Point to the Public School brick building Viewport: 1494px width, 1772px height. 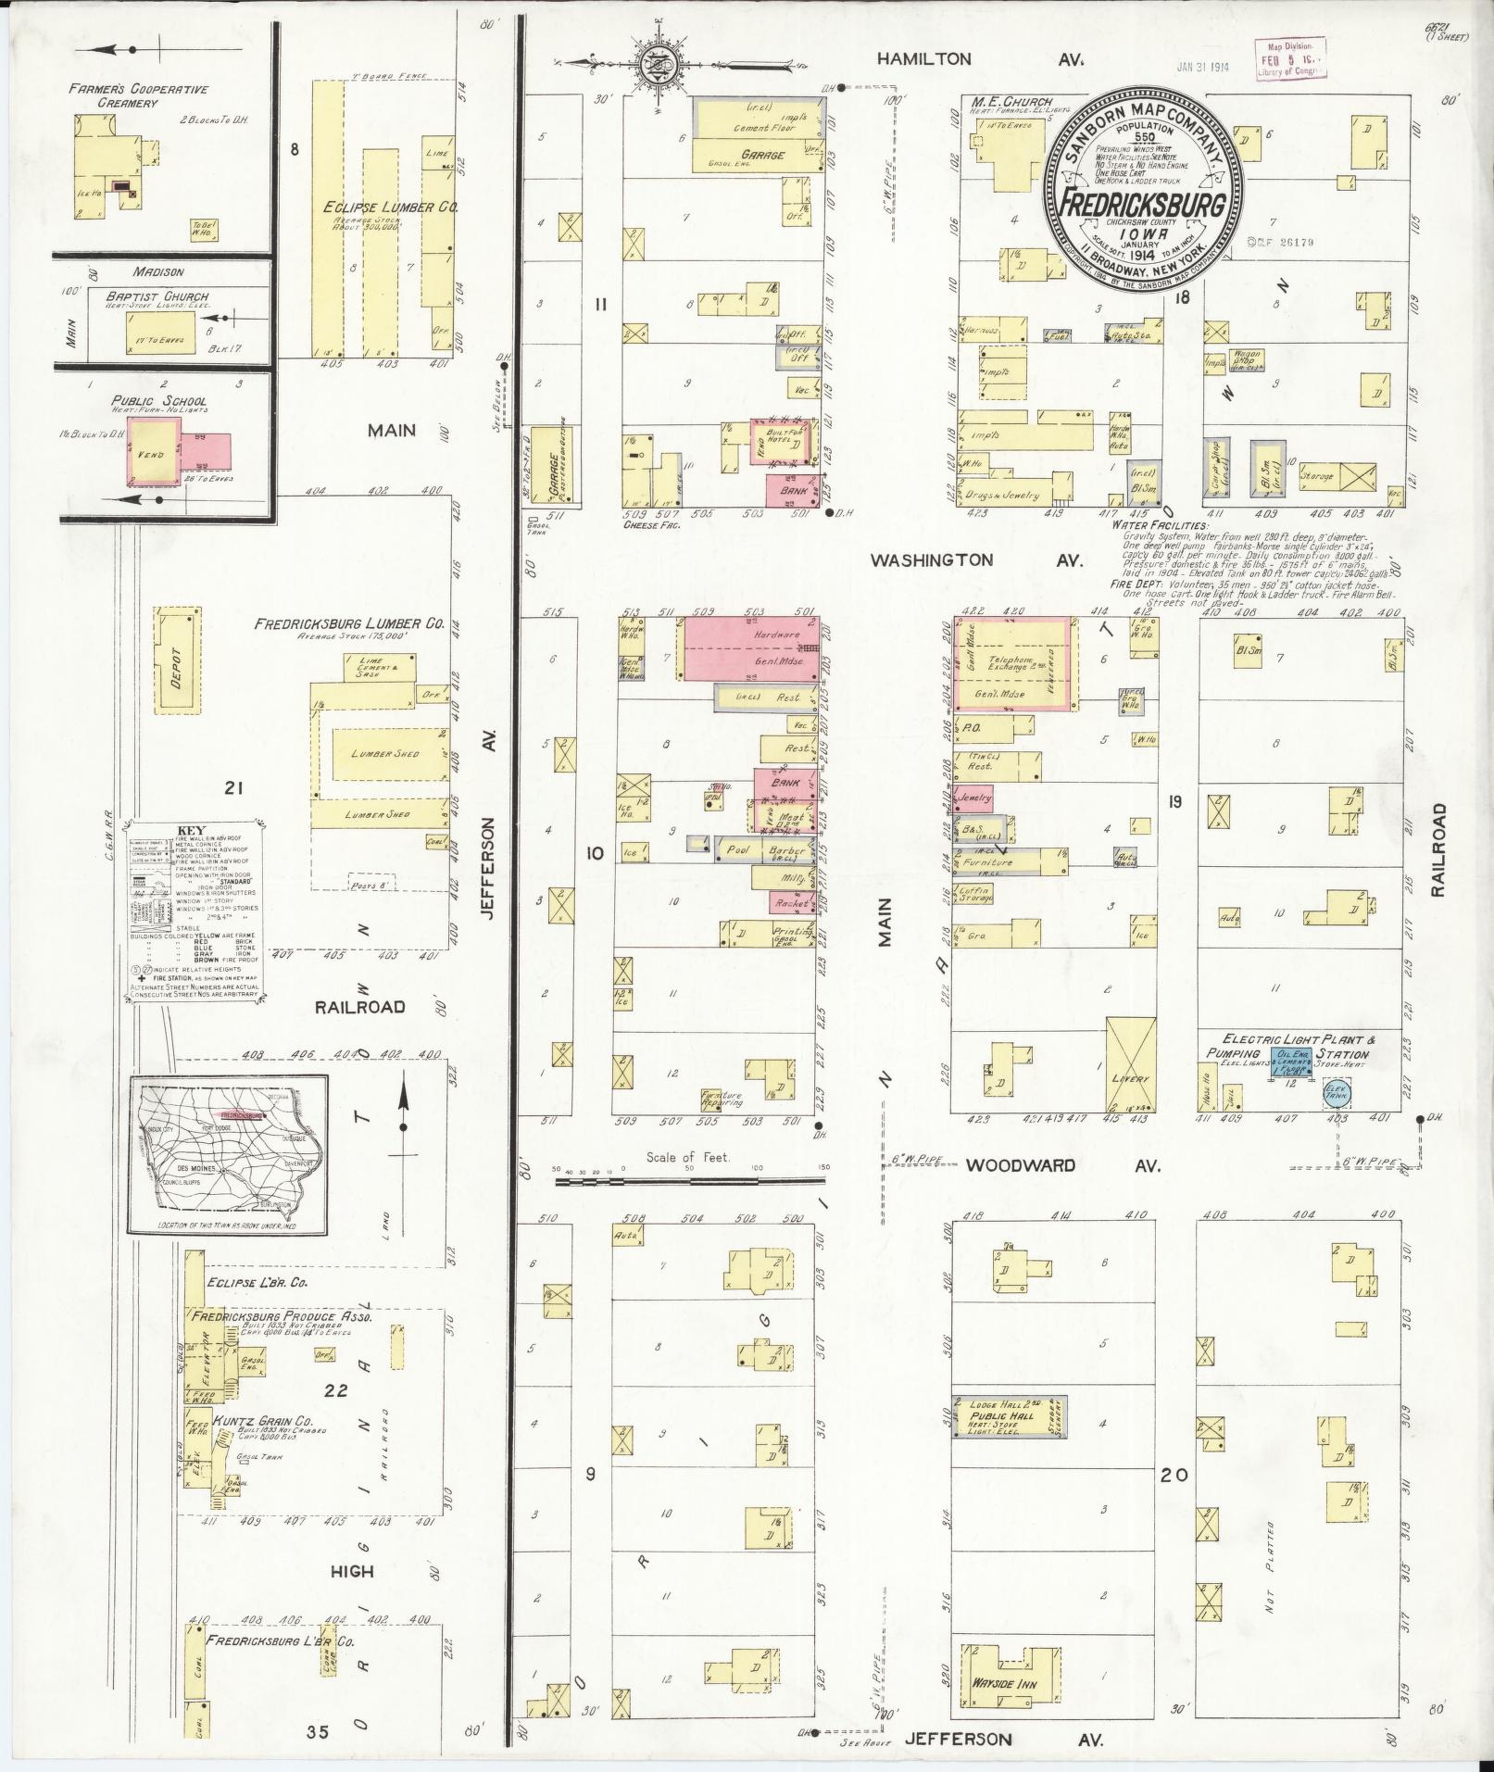coord(153,450)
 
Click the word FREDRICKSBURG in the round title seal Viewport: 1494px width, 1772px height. coord(1143,203)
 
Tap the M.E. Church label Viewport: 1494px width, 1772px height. coord(1012,100)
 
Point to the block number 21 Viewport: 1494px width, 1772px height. coord(232,787)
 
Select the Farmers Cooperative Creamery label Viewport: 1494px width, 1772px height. coord(138,95)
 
